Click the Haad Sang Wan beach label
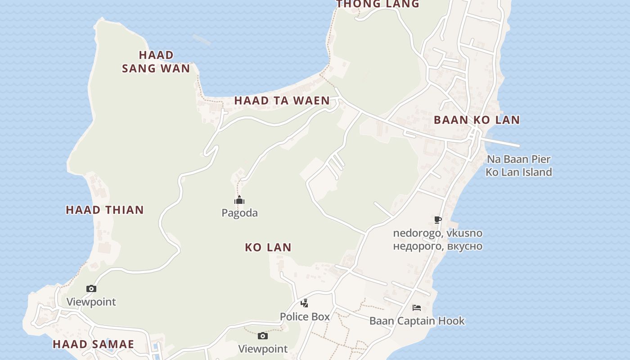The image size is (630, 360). click(156, 62)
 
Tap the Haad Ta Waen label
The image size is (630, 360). click(282, 101)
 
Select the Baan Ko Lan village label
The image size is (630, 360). click(477, 120)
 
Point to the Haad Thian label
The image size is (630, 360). click(105, 210)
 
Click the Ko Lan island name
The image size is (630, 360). click(268, 247)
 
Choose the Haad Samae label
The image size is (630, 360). click(94, 344)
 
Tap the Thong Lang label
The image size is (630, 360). click(378, 4)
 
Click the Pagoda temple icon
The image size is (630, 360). click(239, 200)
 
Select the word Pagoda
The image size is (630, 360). click(239, 213)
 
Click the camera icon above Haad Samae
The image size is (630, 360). click(91, 289)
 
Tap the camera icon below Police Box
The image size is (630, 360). click(263, 336)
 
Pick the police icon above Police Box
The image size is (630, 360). click(305, 303)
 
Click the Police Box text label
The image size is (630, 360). click(305, 317)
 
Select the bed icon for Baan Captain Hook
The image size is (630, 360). click(417, 308)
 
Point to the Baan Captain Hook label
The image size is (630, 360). click(417, 321)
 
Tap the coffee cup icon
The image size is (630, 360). click(437, 220)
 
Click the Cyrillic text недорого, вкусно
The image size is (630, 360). click(437, 246)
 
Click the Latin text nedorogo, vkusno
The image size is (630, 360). click(437, 233)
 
